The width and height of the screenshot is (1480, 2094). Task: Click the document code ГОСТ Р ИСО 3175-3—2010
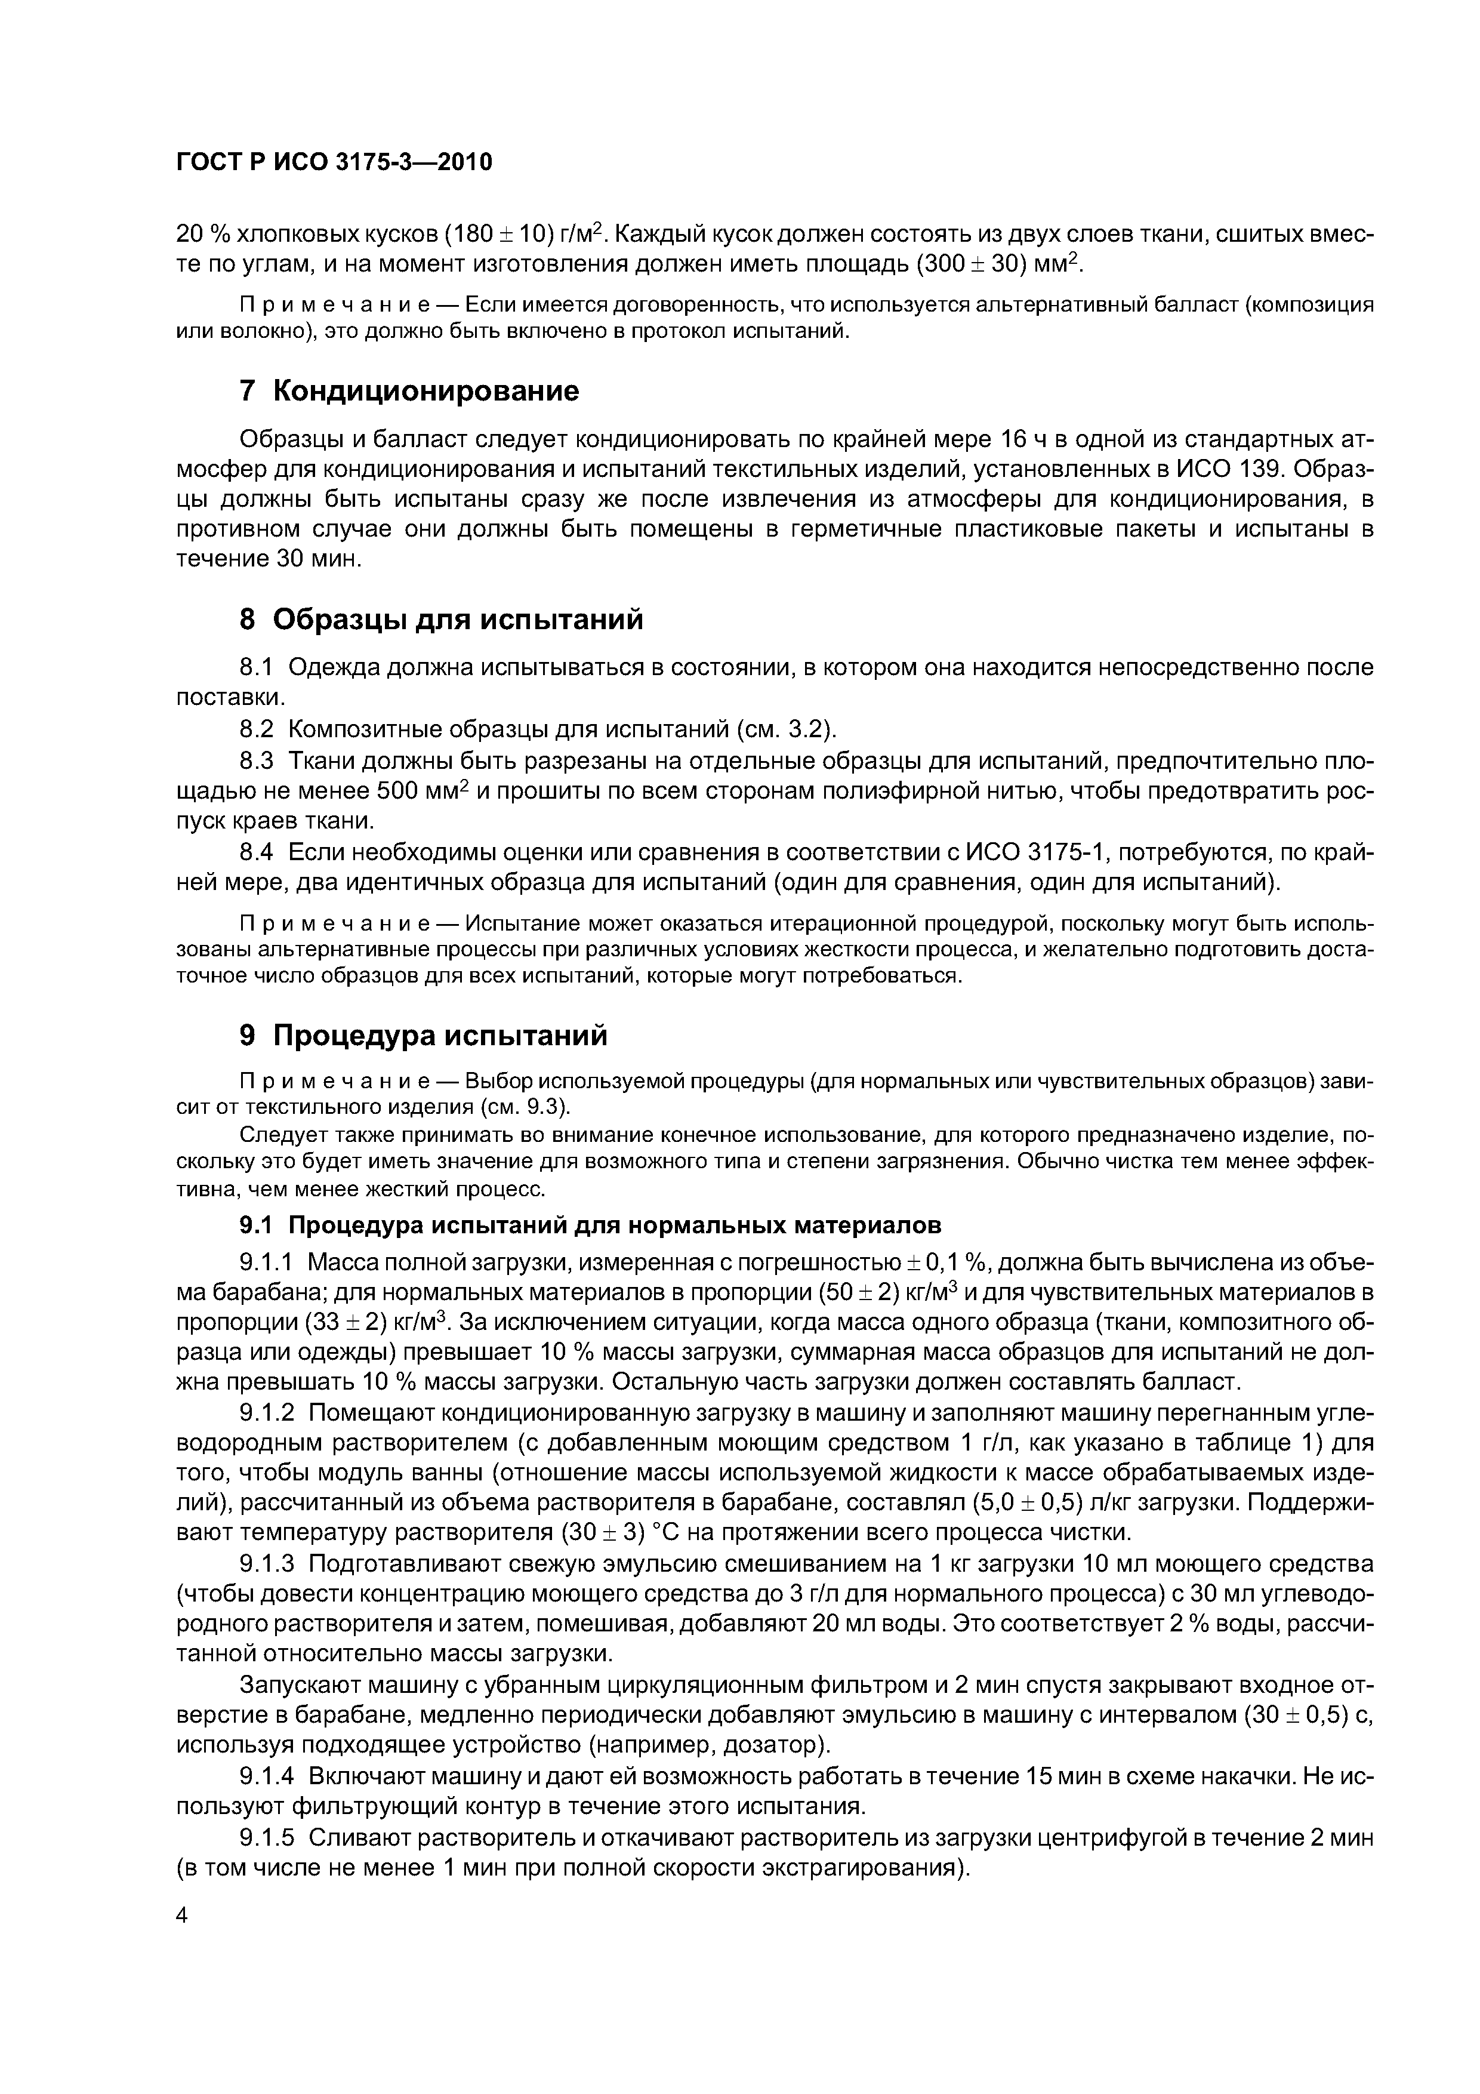pos(334,162)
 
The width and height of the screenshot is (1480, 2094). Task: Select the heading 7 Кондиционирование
pos(409,391)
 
